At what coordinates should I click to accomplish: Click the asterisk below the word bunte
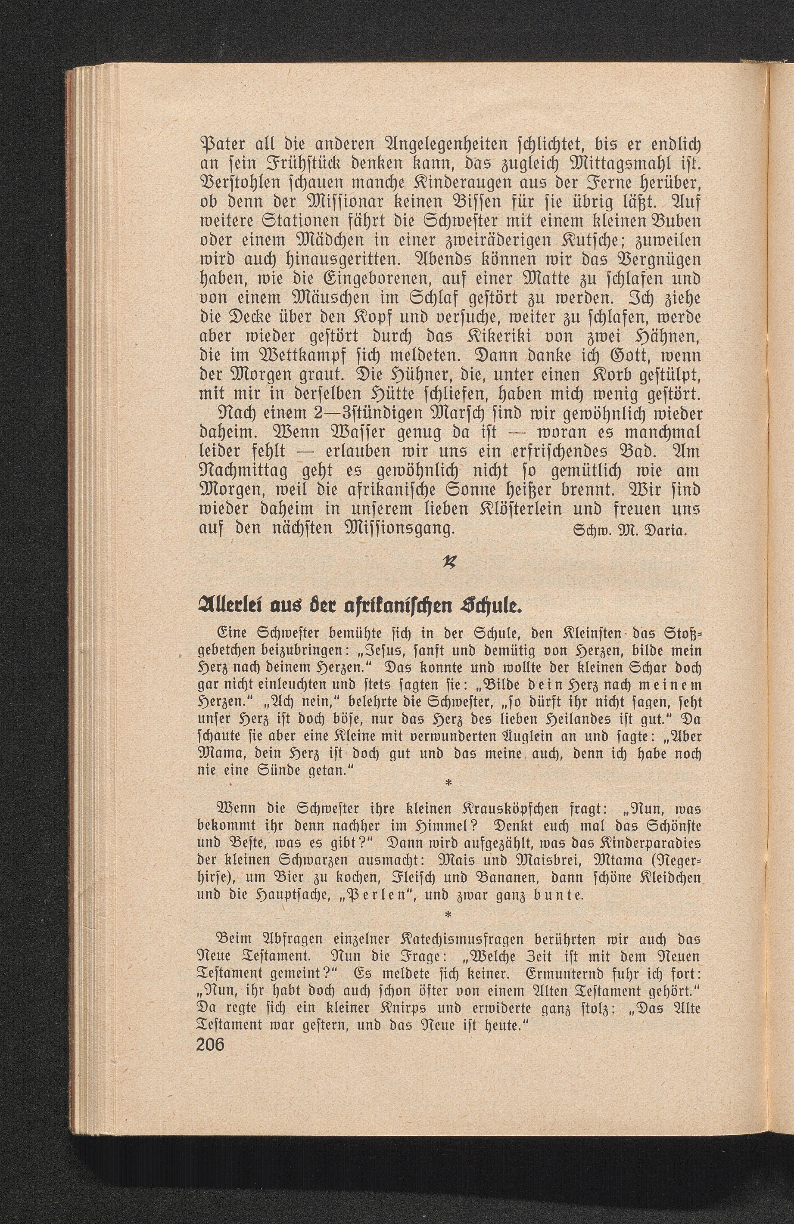[447, 915]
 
